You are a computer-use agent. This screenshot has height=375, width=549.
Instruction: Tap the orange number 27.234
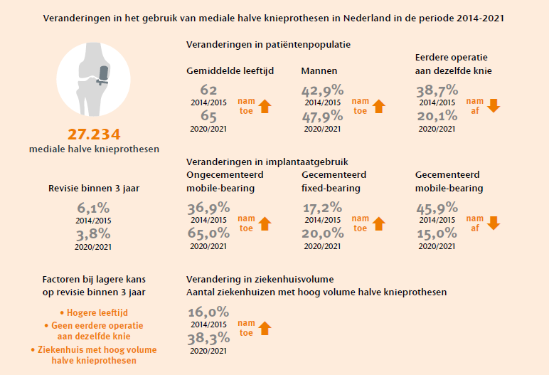pyautogui.click(x=95, y=134)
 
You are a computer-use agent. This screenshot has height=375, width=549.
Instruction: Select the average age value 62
pyautogui.click(x=208, y=90)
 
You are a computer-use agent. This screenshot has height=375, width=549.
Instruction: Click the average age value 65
pyautogui.click(x=208, y=116)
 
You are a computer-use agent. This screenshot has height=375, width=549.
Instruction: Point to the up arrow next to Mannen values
pyautogui.click(x=379, y=106)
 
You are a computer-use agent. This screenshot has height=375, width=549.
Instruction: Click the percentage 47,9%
pyautogui.click(x=322, y=116)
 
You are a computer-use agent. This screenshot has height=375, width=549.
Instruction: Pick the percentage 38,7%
pyautogui.click(x=437, y=90)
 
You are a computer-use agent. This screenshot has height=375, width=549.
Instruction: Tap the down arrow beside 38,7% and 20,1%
pyautogui.click(x=494, y=106)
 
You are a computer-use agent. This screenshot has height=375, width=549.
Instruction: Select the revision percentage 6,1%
pyautogui.click(x=94, y=208)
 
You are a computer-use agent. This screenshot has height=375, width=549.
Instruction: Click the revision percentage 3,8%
pyautogui.click(x=94, y=234)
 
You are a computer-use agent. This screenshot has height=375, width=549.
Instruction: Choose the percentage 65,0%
pyautogui.click(x=208, y=233)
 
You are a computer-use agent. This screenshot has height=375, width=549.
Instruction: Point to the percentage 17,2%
pyautogui.click(x=322, y=208)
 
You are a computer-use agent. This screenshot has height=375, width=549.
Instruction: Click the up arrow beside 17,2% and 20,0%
pyautogui.click(x=379, y=223)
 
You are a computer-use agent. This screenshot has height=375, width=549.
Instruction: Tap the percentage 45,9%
pyautogui.click(x=437, y=208)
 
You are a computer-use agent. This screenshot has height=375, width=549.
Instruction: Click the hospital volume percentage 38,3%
pyautogui.click(x=208, y=338)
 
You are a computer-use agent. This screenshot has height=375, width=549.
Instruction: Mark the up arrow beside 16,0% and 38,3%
pyautogui.click(x=265, y=328)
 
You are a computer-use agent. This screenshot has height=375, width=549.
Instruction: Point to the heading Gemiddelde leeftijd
pyautogui.click(x=230, y=71)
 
